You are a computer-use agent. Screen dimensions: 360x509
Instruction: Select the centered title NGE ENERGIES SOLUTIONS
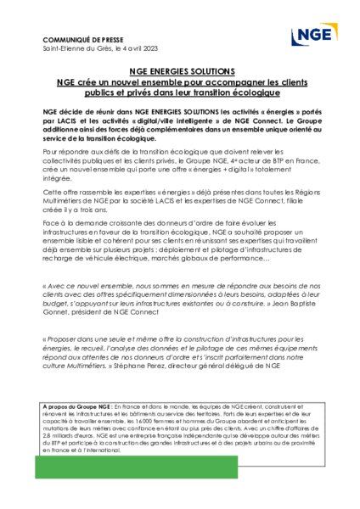[179, 74]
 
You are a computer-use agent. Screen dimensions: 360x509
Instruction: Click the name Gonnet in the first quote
[57, 314]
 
